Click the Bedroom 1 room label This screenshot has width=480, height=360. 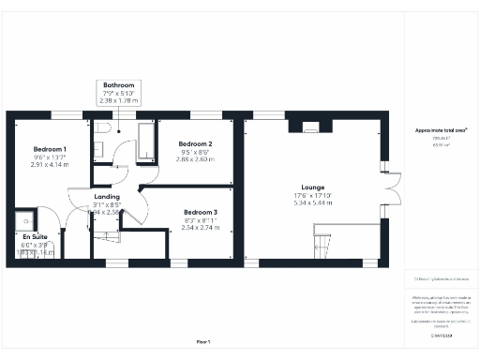tap(50, 150)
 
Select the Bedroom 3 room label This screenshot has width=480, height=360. tap(200, 213)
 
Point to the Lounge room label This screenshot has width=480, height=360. tap(312, 187)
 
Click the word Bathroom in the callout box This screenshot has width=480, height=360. tap(118, 85)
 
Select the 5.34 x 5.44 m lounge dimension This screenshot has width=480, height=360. tap(312, 202)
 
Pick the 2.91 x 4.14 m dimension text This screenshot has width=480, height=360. tap(50, 165)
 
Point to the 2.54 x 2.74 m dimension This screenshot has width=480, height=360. tap(200, 228)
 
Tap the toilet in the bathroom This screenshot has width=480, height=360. tap(105, 127)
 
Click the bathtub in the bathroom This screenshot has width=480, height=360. tap(145, 142)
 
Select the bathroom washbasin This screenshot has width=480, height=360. tap(97, 149)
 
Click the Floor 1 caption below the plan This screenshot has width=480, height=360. tap(202, 342)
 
